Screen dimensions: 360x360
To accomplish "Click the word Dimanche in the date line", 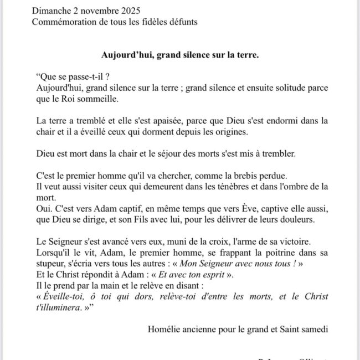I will tap(52, 11).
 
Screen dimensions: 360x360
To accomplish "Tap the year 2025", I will tap(128, 11).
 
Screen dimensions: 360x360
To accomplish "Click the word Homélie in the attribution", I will tap(164, 329).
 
